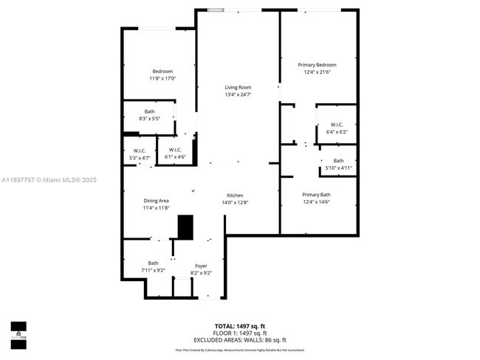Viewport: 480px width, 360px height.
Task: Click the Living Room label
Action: (238, 87)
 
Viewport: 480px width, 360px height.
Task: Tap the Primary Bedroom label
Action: (317, 65)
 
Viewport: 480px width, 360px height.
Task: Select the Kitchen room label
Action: (235, 195)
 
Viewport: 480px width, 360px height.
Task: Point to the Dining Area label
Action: (156, 201)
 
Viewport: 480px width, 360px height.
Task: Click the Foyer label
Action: (201, 266)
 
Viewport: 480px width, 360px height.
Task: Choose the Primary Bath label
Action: (316, 195)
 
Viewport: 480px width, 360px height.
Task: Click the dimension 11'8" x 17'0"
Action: (162, 78)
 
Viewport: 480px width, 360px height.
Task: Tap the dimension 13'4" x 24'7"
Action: (238, 94)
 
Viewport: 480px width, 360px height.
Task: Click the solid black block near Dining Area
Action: (185, 226)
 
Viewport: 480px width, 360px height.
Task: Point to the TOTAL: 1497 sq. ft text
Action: (239, 326)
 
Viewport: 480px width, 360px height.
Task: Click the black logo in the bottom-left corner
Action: (18, 329)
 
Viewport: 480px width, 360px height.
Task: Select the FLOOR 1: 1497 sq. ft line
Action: (239, 332)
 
